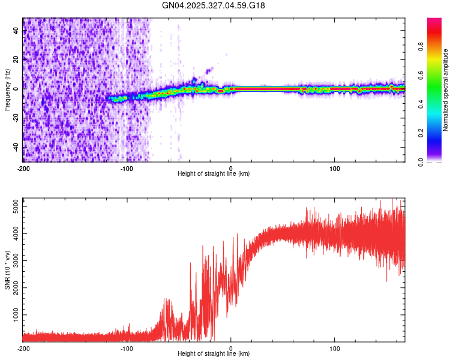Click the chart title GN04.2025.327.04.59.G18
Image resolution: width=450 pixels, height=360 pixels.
click(x=214, y=5)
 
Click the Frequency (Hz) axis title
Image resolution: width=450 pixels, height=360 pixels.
click(x=7, y=90)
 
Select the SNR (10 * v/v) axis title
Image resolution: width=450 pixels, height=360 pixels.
click(x=7, y=270)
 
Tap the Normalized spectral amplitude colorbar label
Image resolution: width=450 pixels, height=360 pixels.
click(x=446, y=90)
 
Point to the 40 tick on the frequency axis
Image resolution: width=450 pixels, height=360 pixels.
click(x=17, y=31)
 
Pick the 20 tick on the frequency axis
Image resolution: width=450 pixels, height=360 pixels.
click(x=17, y=60)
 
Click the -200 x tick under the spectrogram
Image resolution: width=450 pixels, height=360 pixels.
click(x=23, y=168)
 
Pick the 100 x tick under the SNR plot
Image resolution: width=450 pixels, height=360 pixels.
click(x=335, y=349)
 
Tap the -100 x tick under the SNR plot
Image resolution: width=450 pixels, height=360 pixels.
click(x=127, y=349)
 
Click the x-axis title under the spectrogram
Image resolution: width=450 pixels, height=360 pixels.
click(x=214, y=174)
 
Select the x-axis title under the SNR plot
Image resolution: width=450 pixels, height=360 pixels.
click(x=214, y=355)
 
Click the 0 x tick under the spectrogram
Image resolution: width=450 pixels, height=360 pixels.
click(x=231, y=168)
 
